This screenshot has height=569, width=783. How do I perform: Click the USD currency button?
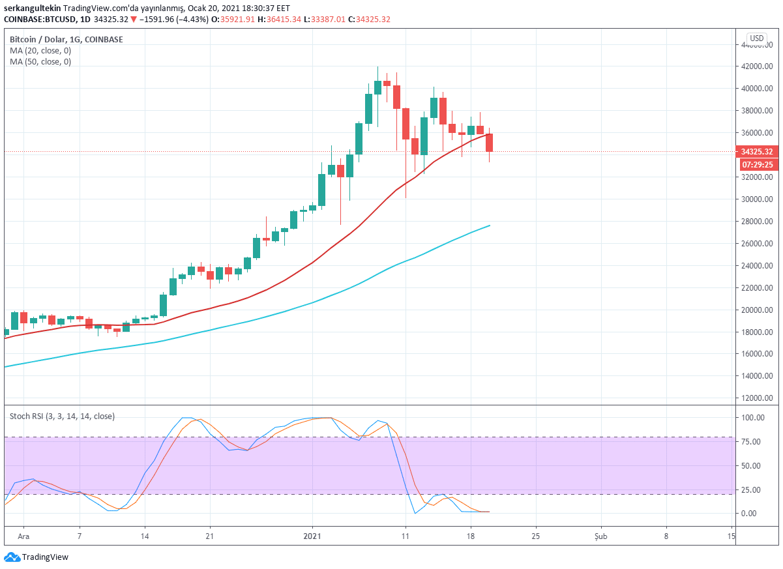[x=756, y=38]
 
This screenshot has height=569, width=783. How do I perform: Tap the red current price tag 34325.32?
[x=757, y=152]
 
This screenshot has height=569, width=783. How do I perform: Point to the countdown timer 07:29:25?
[x=757, y=164]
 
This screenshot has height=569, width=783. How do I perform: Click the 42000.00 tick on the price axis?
[x=757, y=66]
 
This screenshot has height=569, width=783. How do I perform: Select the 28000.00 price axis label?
[x=757, y=222]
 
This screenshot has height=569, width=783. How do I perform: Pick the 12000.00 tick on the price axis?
[x=757, y=398]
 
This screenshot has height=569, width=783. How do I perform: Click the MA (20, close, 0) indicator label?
[x=40, y=51]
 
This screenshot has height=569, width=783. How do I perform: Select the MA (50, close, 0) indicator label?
[x=40, y=62]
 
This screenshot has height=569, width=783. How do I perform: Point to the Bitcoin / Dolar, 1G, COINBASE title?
[x=66, y=40]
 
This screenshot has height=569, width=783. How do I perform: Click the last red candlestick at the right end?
[x=489, y=142]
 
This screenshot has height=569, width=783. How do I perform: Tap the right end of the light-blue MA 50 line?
[x=490, y=226]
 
